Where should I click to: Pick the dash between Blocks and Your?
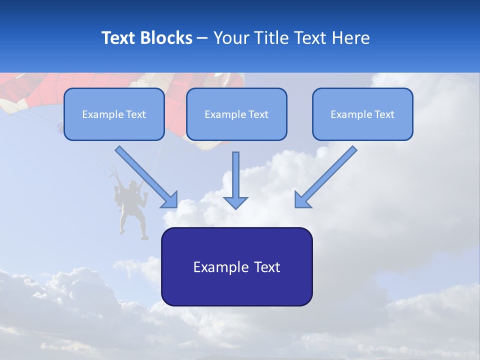pyautogui.click(x=202, y=38)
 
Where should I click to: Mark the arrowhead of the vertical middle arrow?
pyautogui.click(x=235, y=202)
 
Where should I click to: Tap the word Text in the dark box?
pyautogui.click(x=267, y=267)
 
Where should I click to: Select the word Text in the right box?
pyautogui.click(x=384, y=114)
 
